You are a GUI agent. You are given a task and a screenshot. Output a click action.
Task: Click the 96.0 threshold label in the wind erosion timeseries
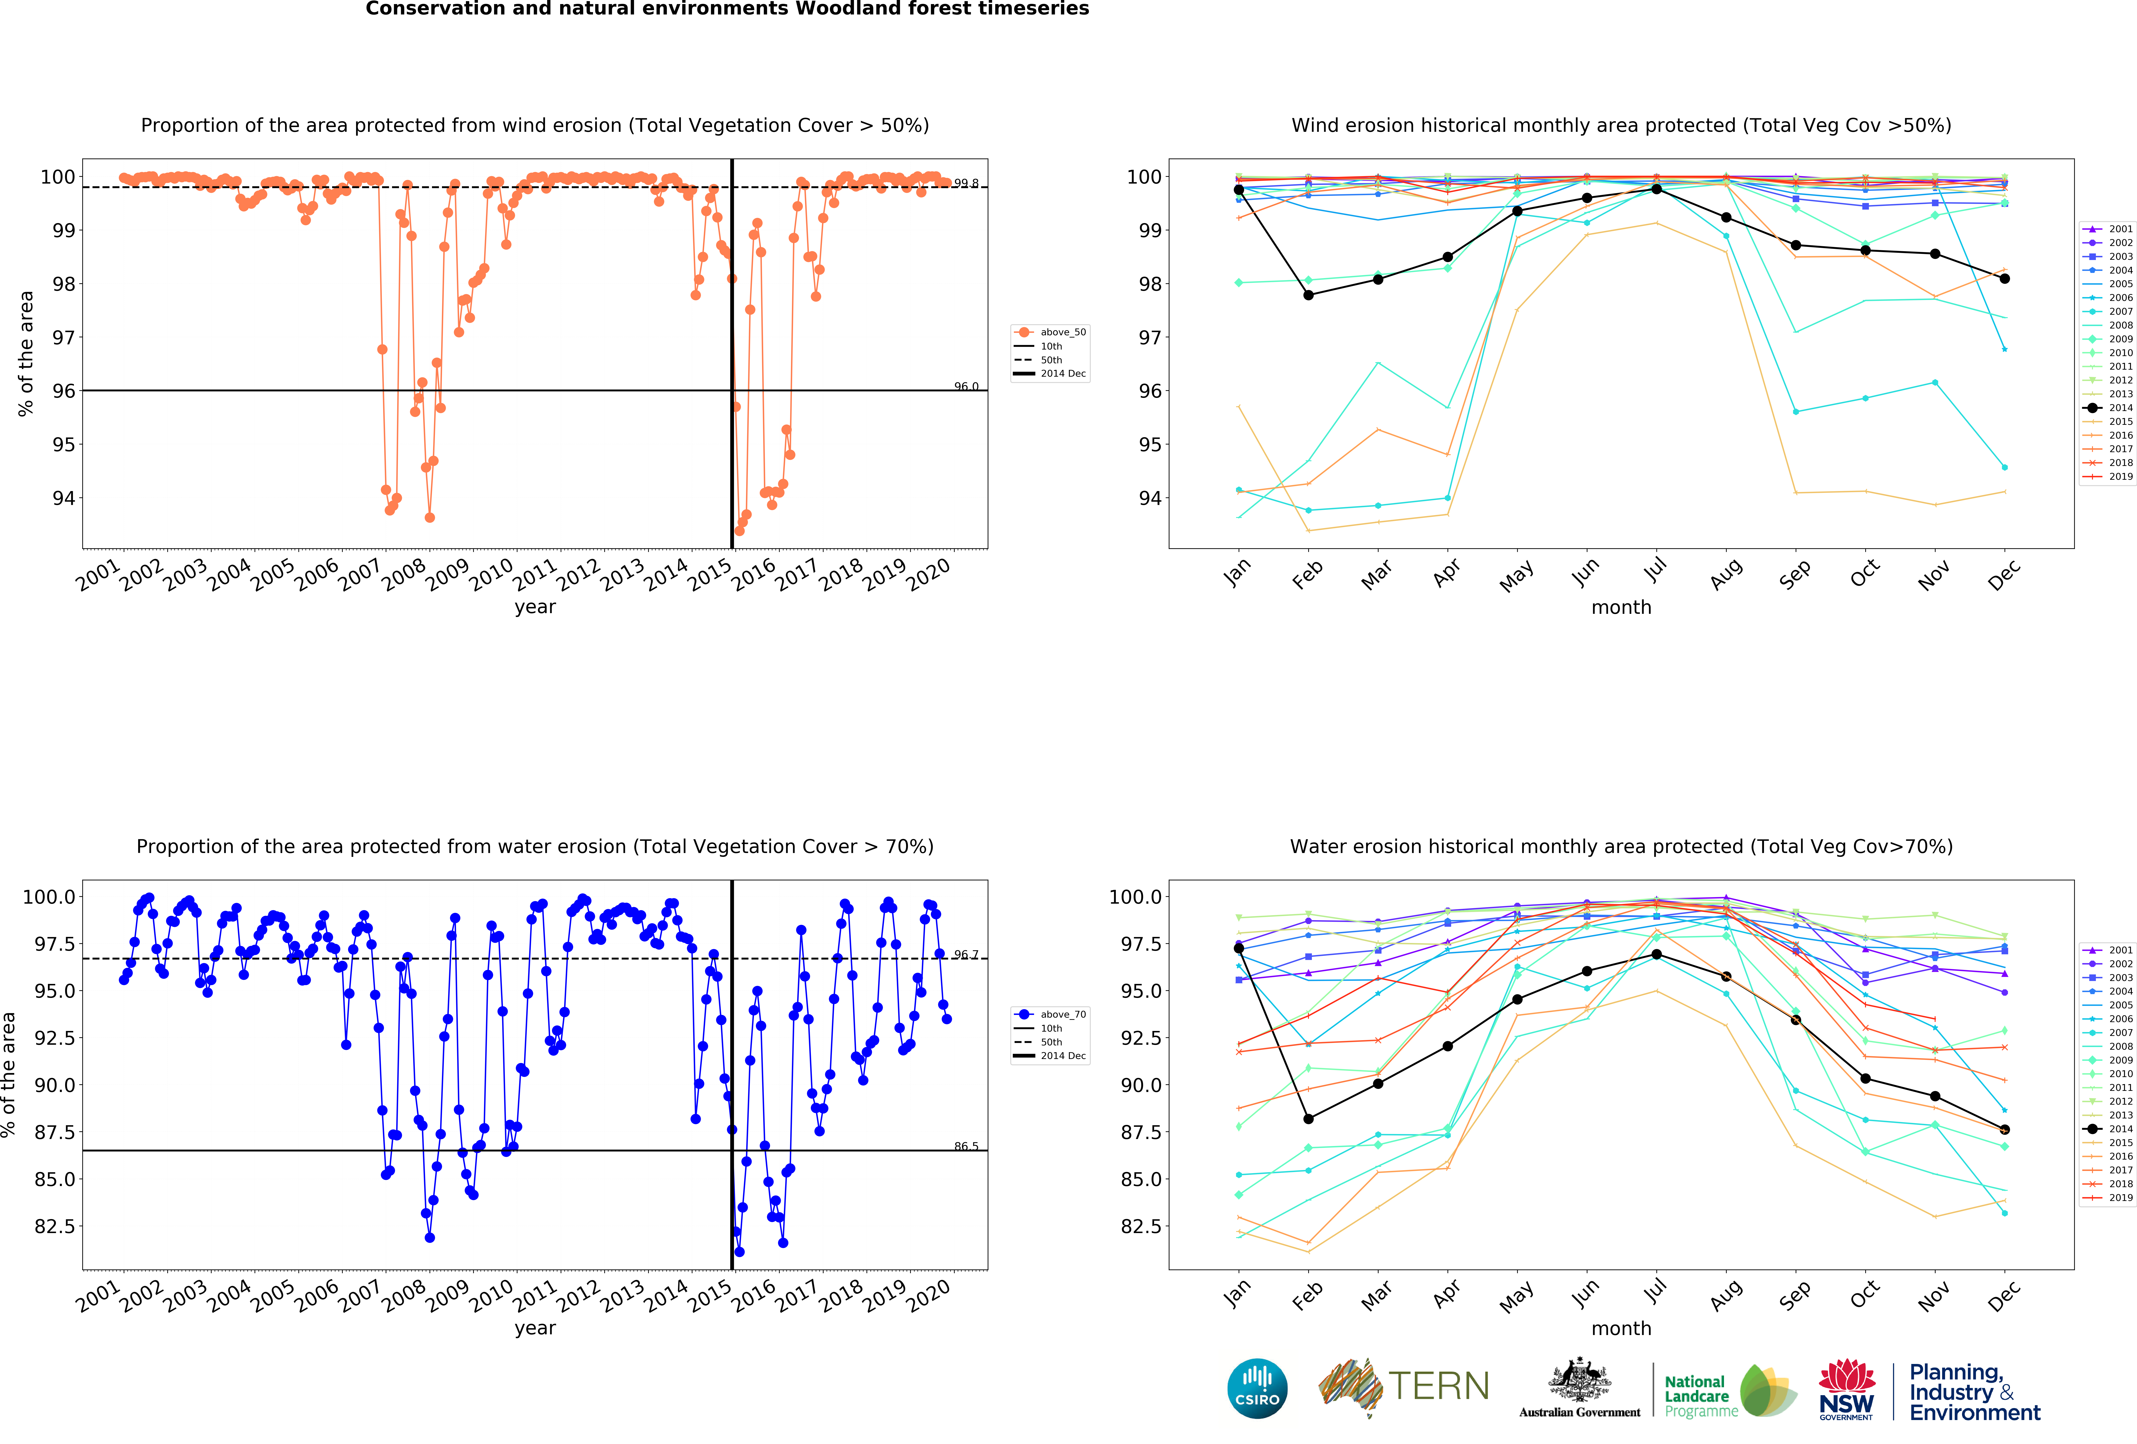click(966, 386)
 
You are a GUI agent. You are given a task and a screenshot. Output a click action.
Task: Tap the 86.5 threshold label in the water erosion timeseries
click(966, 1146)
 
